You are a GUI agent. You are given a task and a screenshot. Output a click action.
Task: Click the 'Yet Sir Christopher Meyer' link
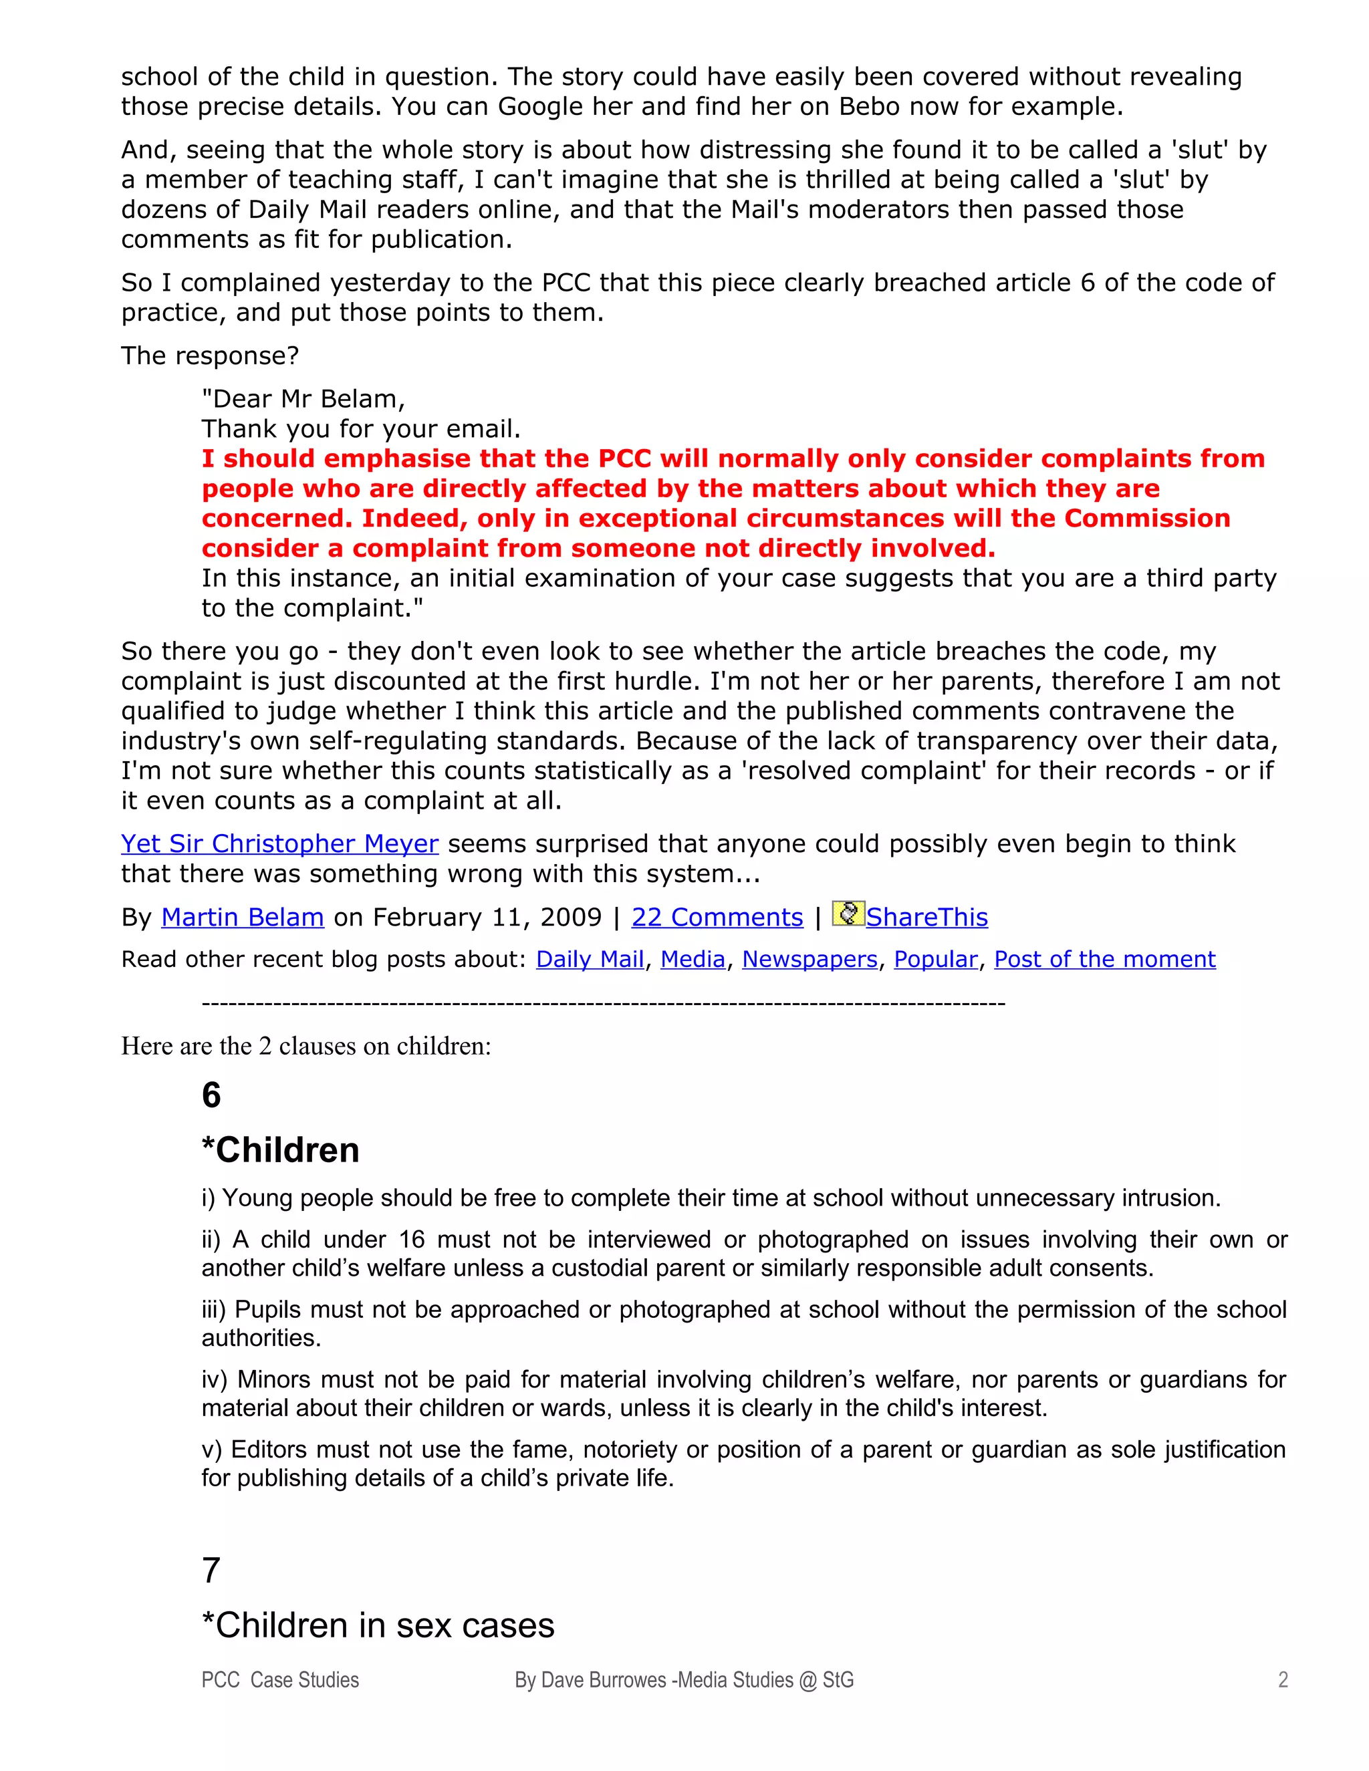pyautogui.click(x=280, y=844)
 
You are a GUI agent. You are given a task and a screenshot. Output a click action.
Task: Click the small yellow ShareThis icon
pyautogui.click(x=848, y=914)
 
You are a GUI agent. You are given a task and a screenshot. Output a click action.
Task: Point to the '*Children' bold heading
pyautogui.click(x=281, y=1150)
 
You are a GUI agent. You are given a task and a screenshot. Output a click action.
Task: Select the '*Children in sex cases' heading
pyautogui.click(x=378, y=1626)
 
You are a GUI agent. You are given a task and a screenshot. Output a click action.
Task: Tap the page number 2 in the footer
pyautogui.click(x=1282, y=1680)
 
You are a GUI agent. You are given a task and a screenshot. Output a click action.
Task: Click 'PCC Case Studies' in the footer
pyautogui.click(x=280, y=1680)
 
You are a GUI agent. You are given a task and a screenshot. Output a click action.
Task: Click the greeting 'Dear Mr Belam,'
pyautogui.click(x=303, y=399)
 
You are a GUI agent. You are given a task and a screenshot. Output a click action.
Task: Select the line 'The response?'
pyautogui.click(x=210, y=356)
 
